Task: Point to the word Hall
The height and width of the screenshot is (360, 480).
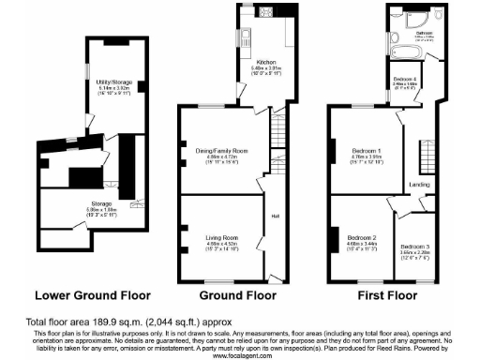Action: coord(275,217)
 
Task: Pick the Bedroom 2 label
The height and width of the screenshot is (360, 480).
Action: coord(361,239)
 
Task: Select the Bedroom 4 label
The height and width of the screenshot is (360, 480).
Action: coord(405,78)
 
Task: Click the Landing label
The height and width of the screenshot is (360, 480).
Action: coord(419,184)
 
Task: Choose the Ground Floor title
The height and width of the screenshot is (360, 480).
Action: coord(230,292)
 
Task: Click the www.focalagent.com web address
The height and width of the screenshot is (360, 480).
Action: coord(240,354)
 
